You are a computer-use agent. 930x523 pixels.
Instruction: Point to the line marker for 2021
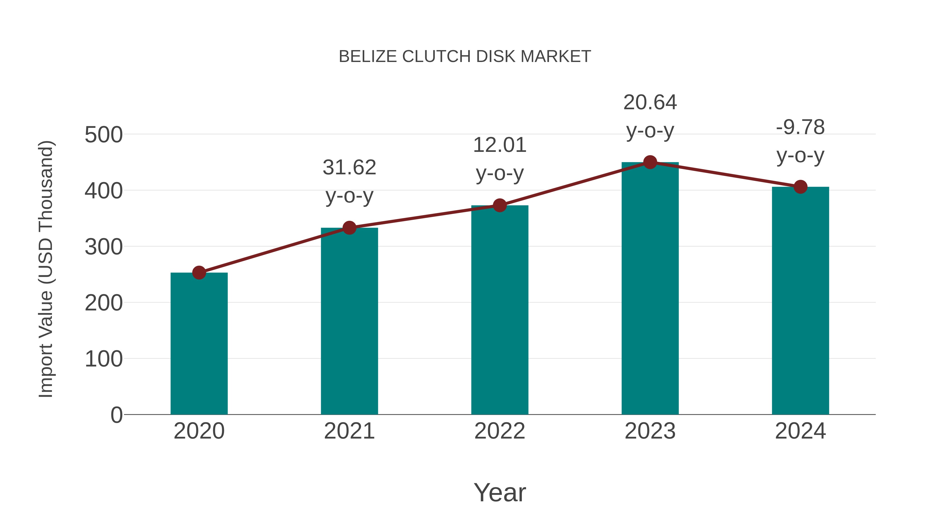(350, 228)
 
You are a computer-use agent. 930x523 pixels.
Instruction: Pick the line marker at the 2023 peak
(650, 162)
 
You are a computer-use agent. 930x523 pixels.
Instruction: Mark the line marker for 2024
(800, 187)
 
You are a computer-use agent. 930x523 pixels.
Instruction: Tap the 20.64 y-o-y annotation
(650, 116)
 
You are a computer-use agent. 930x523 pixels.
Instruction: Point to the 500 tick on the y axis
(104, 135)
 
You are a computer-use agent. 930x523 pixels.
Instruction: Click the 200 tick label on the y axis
(104, 303)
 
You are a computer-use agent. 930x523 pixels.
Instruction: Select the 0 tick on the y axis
(117, 415)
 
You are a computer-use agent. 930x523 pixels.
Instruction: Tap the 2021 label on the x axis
(350, 431)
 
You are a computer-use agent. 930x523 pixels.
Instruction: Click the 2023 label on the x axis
(650, 431)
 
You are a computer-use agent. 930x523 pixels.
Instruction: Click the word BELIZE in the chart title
(368, 57)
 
